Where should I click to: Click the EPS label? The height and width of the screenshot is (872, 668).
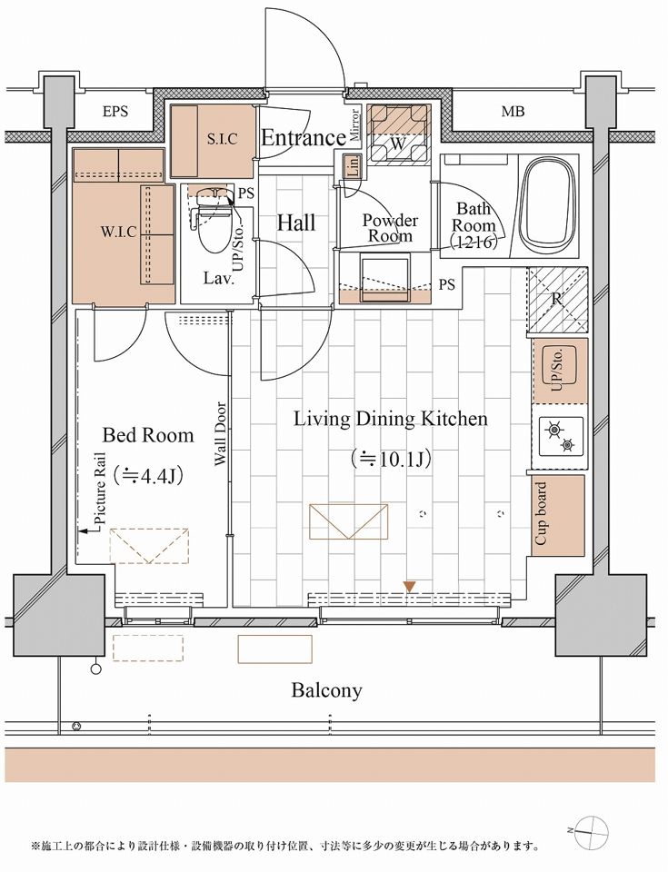tap(115, 112)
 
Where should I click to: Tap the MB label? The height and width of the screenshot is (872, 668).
tap(513, 112)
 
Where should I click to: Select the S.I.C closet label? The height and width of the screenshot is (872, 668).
tap(222, 139)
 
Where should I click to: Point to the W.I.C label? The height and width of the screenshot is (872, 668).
tap(118, 232)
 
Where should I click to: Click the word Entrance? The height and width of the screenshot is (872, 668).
tap(304, 137)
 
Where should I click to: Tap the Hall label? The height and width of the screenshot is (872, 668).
tap(296, 223)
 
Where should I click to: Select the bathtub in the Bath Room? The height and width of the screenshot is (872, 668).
tap(548, 206)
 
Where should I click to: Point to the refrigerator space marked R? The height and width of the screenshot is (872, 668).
tap(556, 301)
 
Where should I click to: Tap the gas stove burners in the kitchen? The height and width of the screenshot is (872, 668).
tap(560, 437)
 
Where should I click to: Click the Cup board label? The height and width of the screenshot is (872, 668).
tap(541, 513)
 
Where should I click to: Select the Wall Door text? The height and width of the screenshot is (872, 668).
tap(221, 434)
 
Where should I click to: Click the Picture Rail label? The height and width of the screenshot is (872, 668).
tap(101, 488)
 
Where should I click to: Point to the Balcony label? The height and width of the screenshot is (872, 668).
tap(327, 690)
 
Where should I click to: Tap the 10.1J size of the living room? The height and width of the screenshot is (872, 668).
tap(390, 460)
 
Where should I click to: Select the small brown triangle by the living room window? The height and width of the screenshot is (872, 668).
tap(410, 586)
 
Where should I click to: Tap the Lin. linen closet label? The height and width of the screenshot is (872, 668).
tap(353, 166)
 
